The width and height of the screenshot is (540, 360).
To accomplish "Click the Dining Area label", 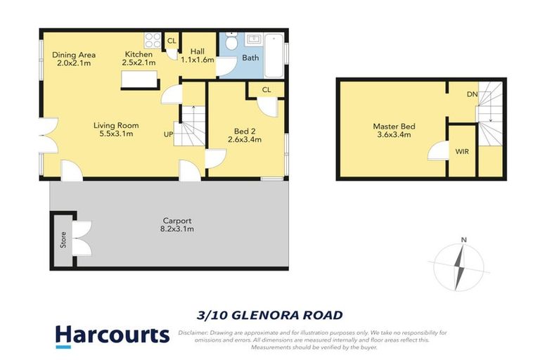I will click(x=75, y=55).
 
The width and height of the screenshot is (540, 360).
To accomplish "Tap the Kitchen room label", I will click(x=139, y=55).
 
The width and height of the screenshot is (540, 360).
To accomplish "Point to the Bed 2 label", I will click(x=244, y=130).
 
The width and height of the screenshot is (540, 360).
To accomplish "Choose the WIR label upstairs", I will click(x=462, y=150).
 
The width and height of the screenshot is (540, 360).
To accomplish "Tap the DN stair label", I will click(x=473, y=93).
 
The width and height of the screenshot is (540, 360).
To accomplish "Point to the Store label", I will click(x=63, y=241).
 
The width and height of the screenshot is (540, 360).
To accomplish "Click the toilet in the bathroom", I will click(x=231, y=44).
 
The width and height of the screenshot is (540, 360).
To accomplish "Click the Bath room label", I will click(x=250, y=58).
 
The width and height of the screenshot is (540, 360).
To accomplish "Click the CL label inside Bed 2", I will click(x=266, y=90).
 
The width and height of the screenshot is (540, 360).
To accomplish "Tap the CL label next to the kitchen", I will click(x=172, y=40).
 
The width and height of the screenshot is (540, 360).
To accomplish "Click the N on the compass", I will click(x=463, y=240).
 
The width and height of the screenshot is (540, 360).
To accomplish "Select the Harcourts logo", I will click(x=112, y=335).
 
